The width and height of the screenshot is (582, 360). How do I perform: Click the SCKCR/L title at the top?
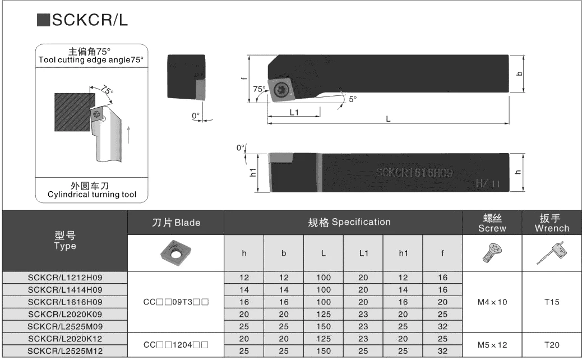[x=90, y=20]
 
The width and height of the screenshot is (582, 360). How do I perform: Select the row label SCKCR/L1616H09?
[x=65, y=302]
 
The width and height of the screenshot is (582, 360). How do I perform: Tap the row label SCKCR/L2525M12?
[x=65, y=350]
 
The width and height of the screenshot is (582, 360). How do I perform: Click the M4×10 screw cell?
[x=492, y=302]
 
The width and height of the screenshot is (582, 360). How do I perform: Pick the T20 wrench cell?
[x=552, y=345]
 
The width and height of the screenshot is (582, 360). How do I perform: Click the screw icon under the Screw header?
[x=492, y=253]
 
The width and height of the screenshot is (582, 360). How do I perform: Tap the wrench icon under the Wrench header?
[x=552, y=253]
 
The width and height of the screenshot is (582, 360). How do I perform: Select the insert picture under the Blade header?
[x=175, y=253]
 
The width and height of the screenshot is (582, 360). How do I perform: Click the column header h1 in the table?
[x=403, y=253]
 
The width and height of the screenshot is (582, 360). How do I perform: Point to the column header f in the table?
[x=442, y=253]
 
